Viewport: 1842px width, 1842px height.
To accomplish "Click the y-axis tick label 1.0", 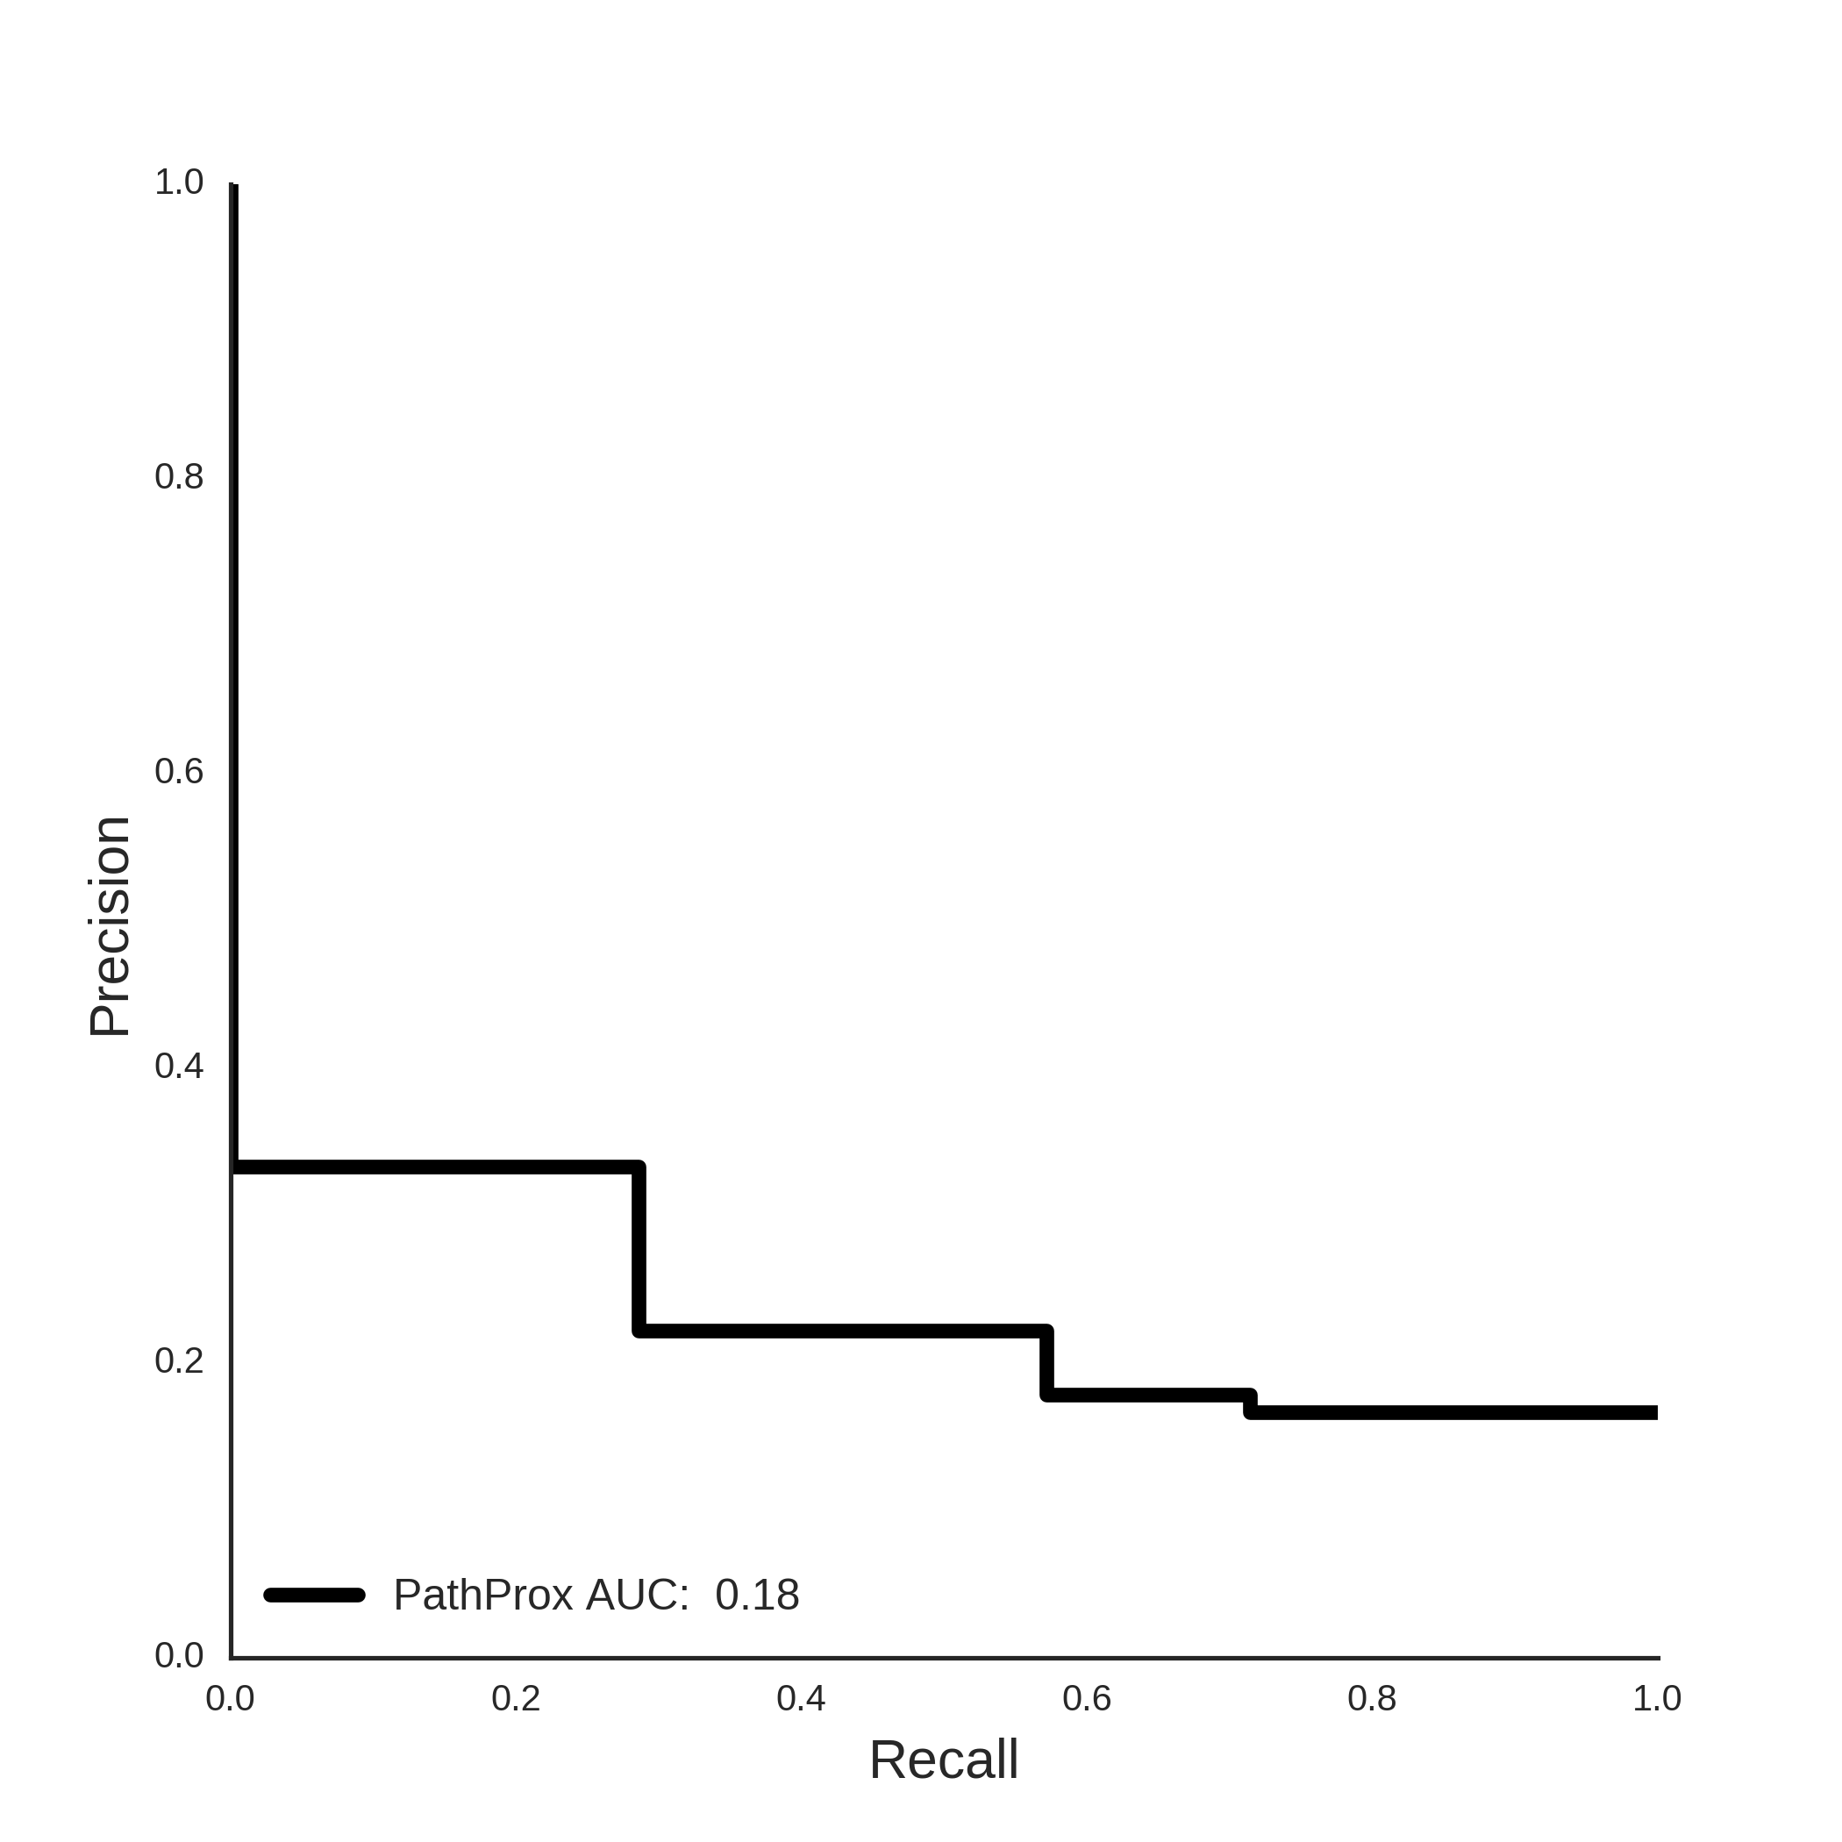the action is [x=179, y=182].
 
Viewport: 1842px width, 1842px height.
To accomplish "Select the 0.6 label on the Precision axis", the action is [x=179, y=771].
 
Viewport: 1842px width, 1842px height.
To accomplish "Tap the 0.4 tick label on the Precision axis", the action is [x=179, y=1066].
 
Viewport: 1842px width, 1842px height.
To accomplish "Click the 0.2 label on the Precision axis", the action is [x=179, y=1360].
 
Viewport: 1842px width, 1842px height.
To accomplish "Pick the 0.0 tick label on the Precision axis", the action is [x=179, y=1655].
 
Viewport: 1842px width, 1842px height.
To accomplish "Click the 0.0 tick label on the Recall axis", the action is [x=231, y=1698].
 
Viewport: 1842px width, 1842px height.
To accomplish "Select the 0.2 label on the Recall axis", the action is [x=516, y=1698].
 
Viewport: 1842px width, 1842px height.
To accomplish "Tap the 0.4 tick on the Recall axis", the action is [x=801, y=1698].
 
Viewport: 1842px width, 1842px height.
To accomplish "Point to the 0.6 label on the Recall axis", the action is [x=1087, y=1698].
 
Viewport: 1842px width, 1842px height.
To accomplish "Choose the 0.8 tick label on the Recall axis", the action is [x=1372, y=1698].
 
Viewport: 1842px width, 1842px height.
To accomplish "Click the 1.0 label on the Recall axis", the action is [x=1657, y=1698].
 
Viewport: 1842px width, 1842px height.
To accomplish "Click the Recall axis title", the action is [x=944, y=1760].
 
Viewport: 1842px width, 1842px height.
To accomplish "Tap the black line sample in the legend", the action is [x=315, y=1595].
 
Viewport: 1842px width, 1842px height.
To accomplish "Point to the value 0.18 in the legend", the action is [x=757, y=1595].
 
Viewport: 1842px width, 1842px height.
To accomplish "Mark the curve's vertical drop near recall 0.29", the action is [x=639, y=1249].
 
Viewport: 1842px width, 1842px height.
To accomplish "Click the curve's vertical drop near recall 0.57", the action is [x=1046, y=1362].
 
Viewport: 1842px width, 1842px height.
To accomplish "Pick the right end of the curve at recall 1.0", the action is [x=1657, y=1413].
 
